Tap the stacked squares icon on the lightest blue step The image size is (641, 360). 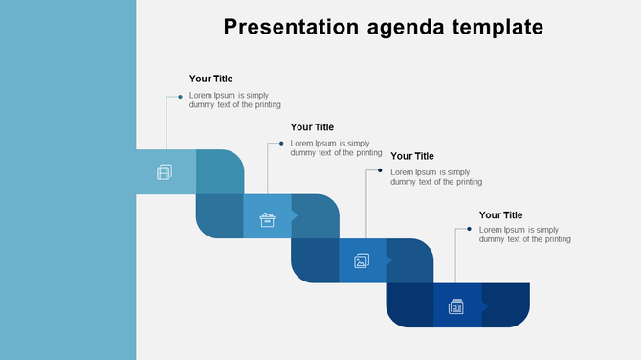pos(165,172)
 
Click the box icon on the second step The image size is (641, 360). pos(267,221)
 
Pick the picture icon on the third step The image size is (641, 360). pos(362,260)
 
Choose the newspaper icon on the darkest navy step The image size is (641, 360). pos(456,306)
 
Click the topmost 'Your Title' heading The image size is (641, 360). pos(210,79)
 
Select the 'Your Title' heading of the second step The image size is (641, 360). pos(312,126)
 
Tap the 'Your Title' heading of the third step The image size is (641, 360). pos(412,156)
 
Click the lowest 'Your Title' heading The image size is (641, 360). pos(500,215)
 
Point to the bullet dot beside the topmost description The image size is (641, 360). pos(180,97)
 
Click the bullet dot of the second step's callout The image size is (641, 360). pos(281,144)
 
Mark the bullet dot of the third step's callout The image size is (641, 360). pos(380,171)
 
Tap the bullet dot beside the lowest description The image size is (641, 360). pos(469,230)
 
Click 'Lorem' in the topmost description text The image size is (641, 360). pos(200,95)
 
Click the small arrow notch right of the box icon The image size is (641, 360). pos(295,216)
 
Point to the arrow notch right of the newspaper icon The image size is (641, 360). pos(484,305)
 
